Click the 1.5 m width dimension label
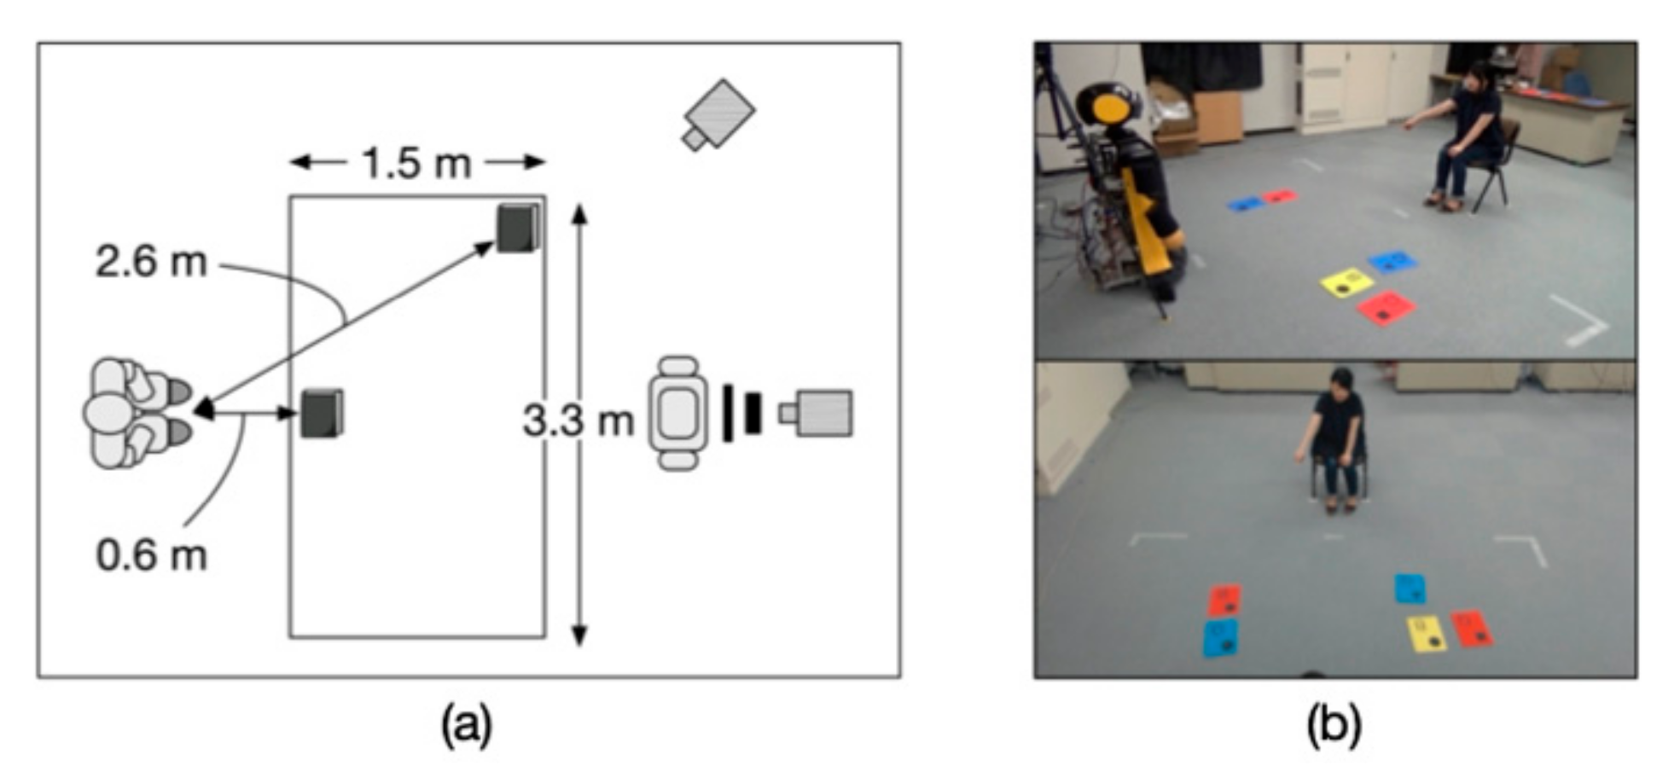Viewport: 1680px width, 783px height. point(416,163)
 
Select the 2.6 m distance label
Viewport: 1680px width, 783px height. point(151,262)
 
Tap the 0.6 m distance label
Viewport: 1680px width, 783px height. point(151,555)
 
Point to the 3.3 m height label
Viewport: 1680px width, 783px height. point(578,420)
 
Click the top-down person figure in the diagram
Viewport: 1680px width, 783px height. point(137,414)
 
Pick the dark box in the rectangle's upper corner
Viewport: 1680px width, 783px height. point(519,228)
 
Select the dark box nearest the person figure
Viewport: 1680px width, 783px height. point(322,414)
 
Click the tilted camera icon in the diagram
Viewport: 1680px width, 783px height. point(718,115)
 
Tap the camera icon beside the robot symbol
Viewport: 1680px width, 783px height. point(817,414)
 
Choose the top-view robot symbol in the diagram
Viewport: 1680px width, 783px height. point(678,414)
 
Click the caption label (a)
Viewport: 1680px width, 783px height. point(466,726)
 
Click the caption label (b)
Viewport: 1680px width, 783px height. point(1334,726)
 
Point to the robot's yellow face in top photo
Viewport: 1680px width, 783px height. point(1110,109)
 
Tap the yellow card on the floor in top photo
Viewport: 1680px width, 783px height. point(1346,283)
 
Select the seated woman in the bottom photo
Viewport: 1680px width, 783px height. point(1336,439)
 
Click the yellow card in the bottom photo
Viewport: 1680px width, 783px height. point(1426,635)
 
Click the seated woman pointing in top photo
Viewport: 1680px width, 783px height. point(1466,136)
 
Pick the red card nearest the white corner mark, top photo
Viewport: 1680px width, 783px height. point(1386,308)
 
